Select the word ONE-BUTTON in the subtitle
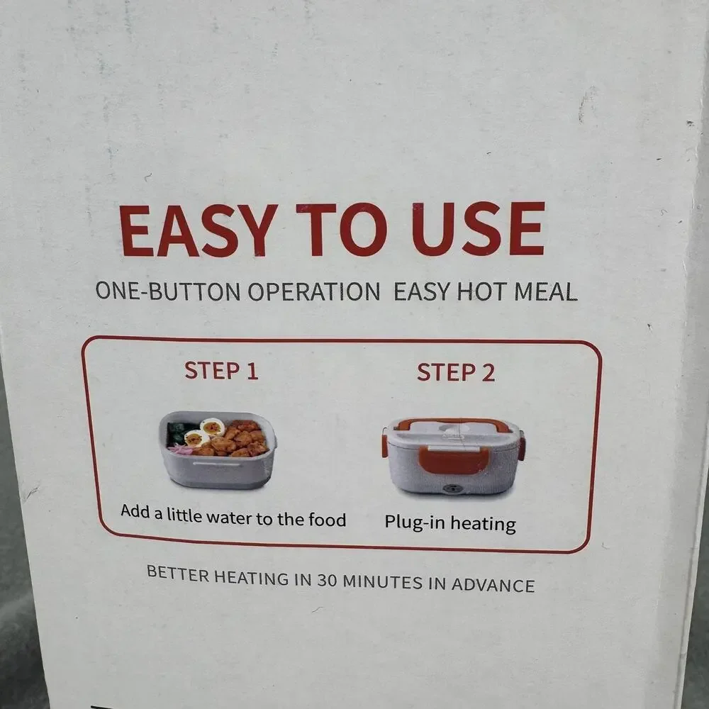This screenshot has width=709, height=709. point(168,291)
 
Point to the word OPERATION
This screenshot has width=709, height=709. point(314,291)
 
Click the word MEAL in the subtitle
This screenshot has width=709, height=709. point(546,291)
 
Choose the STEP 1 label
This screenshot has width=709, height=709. point(221,371)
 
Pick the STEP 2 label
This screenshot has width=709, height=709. point(456,373)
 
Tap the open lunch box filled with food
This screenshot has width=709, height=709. point(218,450)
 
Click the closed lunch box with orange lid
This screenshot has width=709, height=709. point(454,456)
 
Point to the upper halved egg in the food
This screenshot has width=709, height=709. point(212,427)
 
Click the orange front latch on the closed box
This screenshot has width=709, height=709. point(454,460)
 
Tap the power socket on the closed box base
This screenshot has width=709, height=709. point(451,489)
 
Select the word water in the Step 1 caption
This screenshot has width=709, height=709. point(230,517)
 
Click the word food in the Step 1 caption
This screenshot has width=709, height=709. point(327,520)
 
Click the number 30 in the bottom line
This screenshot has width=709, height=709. point(327,580)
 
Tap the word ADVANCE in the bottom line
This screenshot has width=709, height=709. point(493,585)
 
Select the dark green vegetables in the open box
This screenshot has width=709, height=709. point(179,432)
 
